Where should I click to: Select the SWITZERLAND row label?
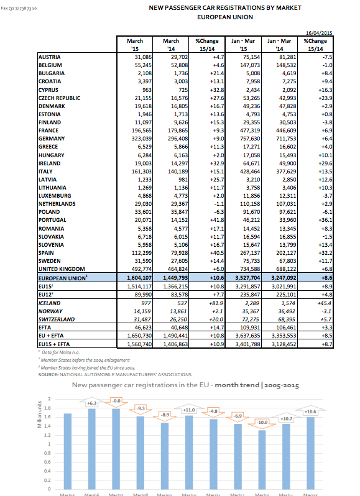58,319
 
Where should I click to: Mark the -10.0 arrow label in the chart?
262,422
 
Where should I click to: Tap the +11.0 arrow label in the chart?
188,410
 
